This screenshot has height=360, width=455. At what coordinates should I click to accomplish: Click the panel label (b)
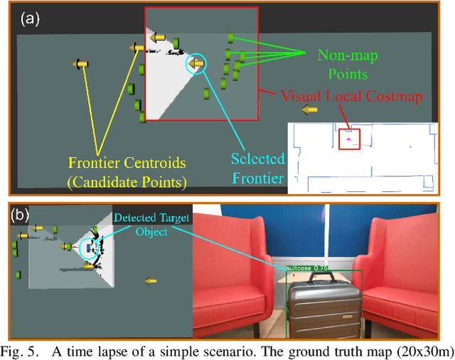21,214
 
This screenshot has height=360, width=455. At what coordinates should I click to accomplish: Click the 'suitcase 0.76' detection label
306,268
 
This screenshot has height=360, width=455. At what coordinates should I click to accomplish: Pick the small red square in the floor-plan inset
349,139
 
